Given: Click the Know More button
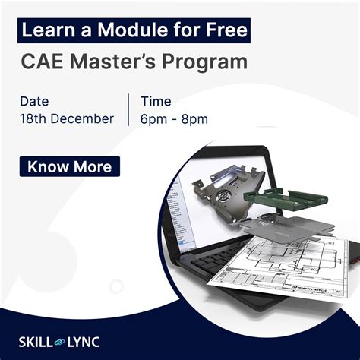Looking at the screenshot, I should pos(70,166).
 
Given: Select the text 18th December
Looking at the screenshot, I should pos(67,118).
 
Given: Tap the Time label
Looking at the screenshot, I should pos(156,101).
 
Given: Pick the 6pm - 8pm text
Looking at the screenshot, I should pos(174,118).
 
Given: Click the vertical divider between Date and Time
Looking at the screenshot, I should pos(128,109).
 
